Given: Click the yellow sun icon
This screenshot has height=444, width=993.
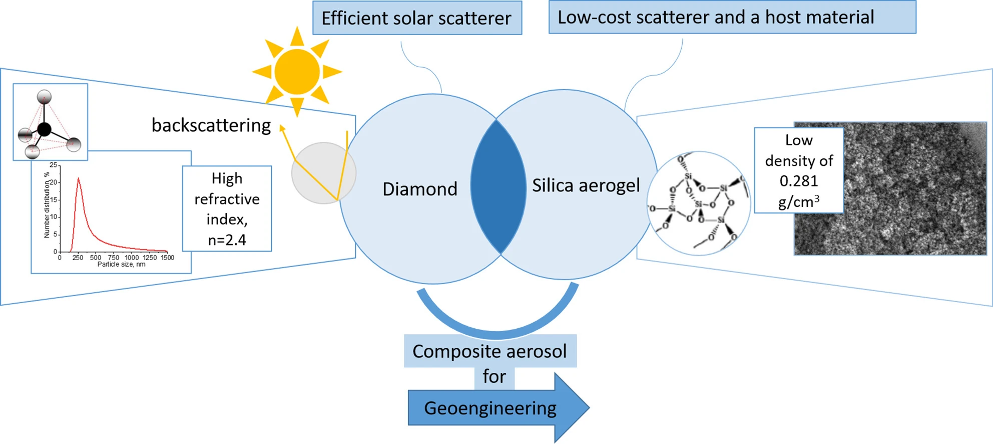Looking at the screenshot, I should (x=297, y=72).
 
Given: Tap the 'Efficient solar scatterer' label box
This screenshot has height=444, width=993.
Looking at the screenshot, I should (x=417, y=18).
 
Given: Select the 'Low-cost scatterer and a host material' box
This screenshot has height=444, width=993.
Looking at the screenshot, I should (x=732, y=17).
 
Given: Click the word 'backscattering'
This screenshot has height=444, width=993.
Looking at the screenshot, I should (x=211, y=125).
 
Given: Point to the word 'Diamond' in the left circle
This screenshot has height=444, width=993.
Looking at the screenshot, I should (x=419, y=189).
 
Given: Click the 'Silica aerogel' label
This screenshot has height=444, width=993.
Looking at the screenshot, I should (x=586, y=185).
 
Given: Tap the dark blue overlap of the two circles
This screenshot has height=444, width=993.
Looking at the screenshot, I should (x=498, y=187).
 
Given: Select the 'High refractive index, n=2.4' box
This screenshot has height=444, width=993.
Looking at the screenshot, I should (x=227, y=208).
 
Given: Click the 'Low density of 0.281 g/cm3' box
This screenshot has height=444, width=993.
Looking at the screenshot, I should (x=798, y=170).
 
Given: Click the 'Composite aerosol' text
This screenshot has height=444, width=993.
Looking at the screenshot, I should (x=489, y=351).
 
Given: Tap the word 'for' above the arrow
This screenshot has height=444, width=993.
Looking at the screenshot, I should (x=494, y=376).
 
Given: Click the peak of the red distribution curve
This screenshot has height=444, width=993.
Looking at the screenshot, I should (x=78, y=178).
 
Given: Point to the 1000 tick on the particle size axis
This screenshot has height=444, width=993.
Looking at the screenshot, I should (x=132, y=258).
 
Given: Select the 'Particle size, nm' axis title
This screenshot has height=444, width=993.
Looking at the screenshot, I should (x=121, y=265).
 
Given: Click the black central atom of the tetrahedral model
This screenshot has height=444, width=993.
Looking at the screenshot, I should (x=45, y=129).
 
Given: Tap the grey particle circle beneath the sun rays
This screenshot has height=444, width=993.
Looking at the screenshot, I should (x=323, y=173).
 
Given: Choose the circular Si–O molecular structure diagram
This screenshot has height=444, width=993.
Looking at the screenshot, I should (x=698, y=203).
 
